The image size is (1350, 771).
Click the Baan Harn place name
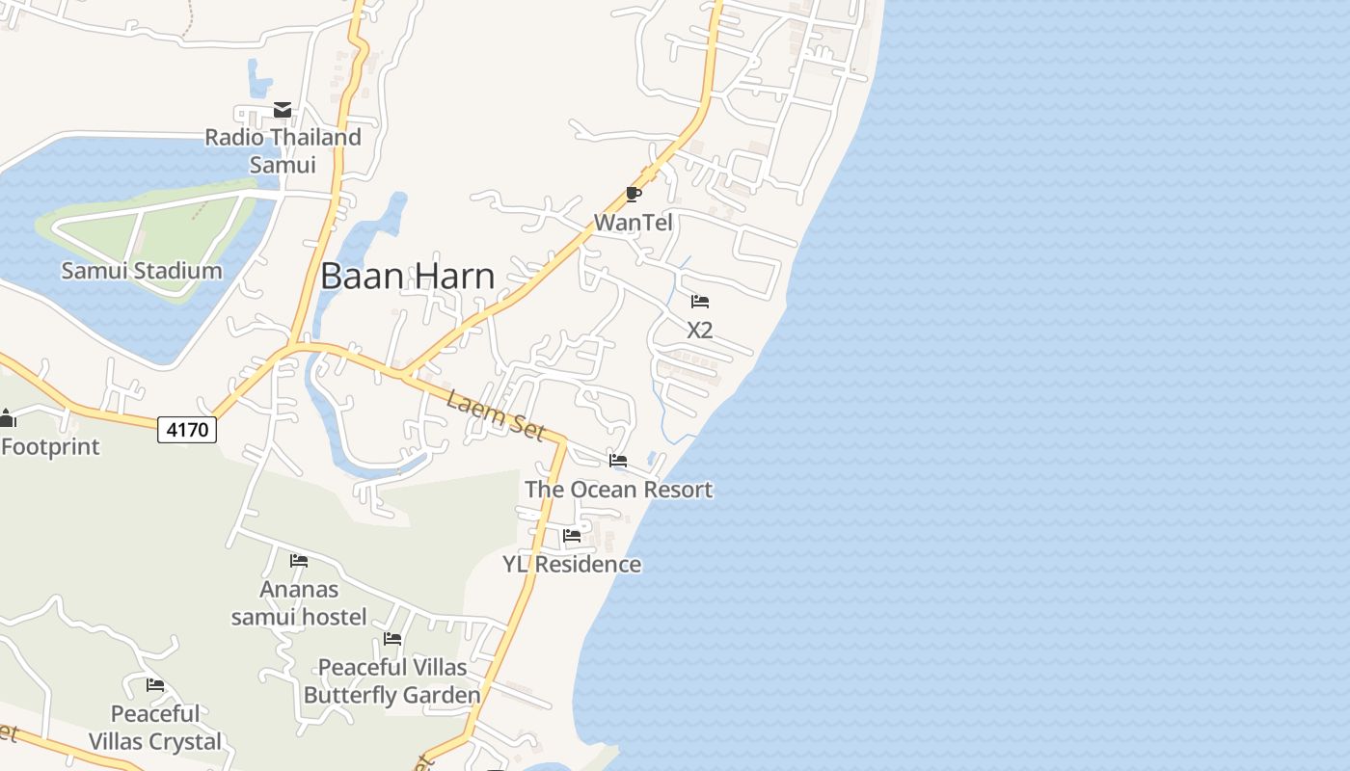coord(407,277)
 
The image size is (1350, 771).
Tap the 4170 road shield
coord(187,429)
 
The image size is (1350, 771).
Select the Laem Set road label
coord(496,413)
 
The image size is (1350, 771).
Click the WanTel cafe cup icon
coord(633,195)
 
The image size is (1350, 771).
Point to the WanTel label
coord(633,223)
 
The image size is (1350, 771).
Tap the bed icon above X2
coord(700,302)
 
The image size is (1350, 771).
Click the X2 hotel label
coord(700,330)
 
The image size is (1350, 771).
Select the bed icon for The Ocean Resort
coord(618,461)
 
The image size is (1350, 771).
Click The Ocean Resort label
coord(618,490)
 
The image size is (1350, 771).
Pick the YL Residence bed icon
coord(572,536)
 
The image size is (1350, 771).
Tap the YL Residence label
coord(572,564)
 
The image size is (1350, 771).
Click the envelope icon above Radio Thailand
coord(283,110)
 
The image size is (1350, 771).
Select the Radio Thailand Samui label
coord(283,150)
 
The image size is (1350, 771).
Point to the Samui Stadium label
coord(142,271)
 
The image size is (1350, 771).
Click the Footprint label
coord(50,447)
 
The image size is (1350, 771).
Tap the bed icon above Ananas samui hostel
coord(299,561)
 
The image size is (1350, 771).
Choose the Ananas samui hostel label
coord(299,602)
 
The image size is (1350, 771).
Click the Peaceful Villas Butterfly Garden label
coord(392,680)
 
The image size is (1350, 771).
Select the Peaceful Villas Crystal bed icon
coord(155,685)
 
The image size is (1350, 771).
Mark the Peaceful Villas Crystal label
coord(155,728)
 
